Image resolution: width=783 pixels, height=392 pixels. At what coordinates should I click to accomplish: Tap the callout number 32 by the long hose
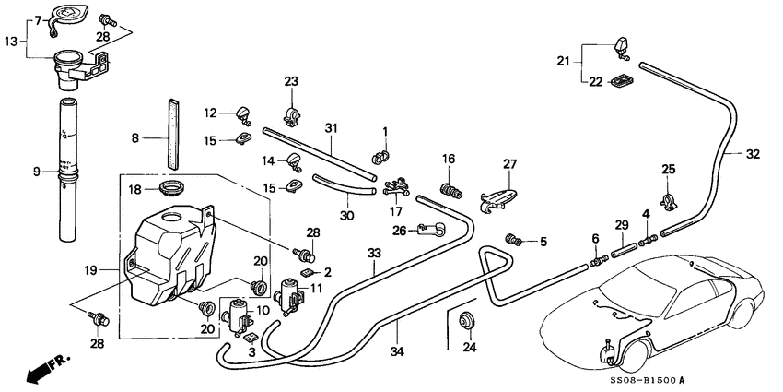point(754,155)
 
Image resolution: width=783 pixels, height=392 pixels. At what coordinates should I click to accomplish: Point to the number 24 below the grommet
point(470,348)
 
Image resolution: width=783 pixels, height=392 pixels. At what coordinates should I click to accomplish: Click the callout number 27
point(509,165)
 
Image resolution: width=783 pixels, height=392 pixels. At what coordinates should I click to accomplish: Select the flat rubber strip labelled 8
point(169,131)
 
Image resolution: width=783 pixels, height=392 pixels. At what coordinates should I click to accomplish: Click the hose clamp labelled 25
point(670,197)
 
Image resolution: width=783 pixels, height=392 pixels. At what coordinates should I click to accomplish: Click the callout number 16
point(449,160)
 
